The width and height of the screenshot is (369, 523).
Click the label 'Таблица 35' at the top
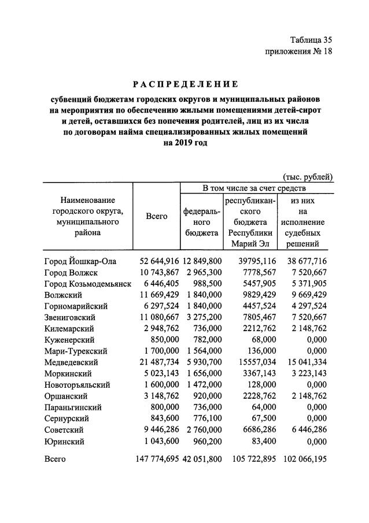click(311, 40)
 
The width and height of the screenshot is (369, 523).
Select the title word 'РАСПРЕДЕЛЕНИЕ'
click(184, 84)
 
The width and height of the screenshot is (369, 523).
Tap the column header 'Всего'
click(156, 216)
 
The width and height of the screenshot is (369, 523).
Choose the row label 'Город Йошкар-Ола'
click(80, 261)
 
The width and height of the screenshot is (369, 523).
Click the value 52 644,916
click(160, 261)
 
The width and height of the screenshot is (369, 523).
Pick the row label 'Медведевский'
click(71, 362)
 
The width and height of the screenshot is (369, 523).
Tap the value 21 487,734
click(160, 362)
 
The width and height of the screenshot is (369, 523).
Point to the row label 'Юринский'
click(64, 442)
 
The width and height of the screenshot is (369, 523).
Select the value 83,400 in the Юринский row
click(261, 442)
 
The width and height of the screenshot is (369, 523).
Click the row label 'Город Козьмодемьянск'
click(88, 284)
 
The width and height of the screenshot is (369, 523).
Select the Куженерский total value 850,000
click(164, 340)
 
